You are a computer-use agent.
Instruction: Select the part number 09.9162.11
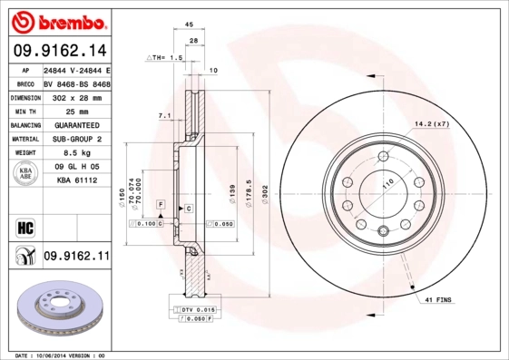[76, 258]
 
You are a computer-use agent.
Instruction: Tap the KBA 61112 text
[76, 180]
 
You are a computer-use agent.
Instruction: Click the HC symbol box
[24, 226]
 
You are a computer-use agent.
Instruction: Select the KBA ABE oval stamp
[25, 173]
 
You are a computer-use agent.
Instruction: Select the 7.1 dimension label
[164, 116]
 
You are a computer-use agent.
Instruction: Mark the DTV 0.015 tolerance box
[192, 311]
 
